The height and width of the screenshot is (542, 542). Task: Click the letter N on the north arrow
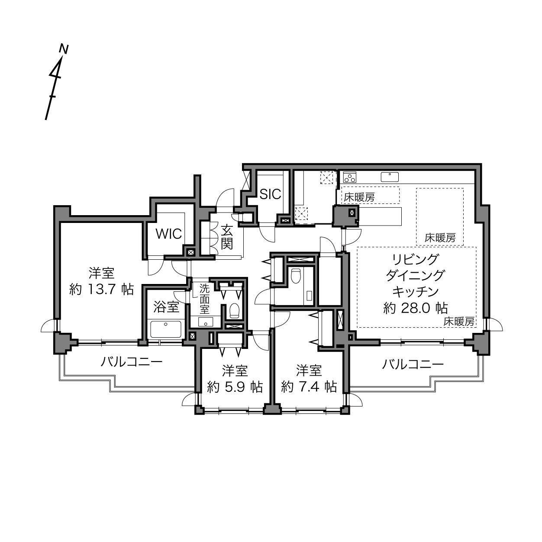(x=64, y=49)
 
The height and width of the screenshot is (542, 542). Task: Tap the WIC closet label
(x=169, y=233)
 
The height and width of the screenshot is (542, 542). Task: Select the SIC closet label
(x=270, y=194)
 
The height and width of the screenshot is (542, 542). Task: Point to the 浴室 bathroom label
(x=167, y=306)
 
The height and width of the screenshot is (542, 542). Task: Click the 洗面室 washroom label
(x=204, y=299)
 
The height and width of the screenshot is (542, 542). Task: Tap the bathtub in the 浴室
(x=166, y=329)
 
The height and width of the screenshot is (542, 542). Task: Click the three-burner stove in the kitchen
(x=350, y=177)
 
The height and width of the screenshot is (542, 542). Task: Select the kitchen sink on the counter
(x=390, y=177)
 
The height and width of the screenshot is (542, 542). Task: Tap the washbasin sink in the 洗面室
(x=205, y=322)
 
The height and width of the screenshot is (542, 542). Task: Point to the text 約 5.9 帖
(x=235, y=387)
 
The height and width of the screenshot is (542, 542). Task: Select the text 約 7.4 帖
(x=309, y=387)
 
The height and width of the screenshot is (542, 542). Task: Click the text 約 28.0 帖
(x=416, y=308)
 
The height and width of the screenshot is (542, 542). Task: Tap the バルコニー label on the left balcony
(x=132, y=362)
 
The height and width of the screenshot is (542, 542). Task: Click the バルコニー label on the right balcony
(x=413, y=364)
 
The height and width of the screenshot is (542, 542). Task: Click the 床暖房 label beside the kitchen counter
(x=359, y=197)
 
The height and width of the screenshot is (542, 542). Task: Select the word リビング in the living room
(x=416, y=259)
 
